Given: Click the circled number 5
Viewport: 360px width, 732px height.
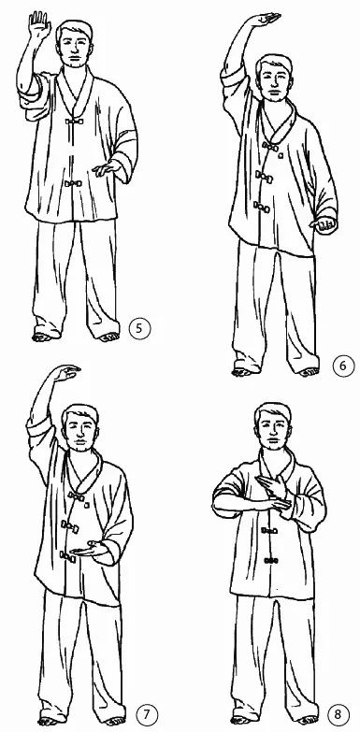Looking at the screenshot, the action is click(139, 329).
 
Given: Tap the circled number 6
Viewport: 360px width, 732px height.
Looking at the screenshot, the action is click(343, 366).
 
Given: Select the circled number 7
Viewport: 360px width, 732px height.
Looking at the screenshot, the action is click(147, 715).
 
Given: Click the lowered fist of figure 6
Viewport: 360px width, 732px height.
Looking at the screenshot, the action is click(325, 225).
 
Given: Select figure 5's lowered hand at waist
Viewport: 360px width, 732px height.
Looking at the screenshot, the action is click(107, 168).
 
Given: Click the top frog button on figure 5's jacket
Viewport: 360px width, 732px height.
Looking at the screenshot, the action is click(73, 122).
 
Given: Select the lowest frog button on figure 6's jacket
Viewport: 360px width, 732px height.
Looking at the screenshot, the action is click(262, 207).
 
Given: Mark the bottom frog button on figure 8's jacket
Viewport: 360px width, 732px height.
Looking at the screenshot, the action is click(270, 560).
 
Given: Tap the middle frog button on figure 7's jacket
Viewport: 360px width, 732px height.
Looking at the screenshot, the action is click(69, 526).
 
